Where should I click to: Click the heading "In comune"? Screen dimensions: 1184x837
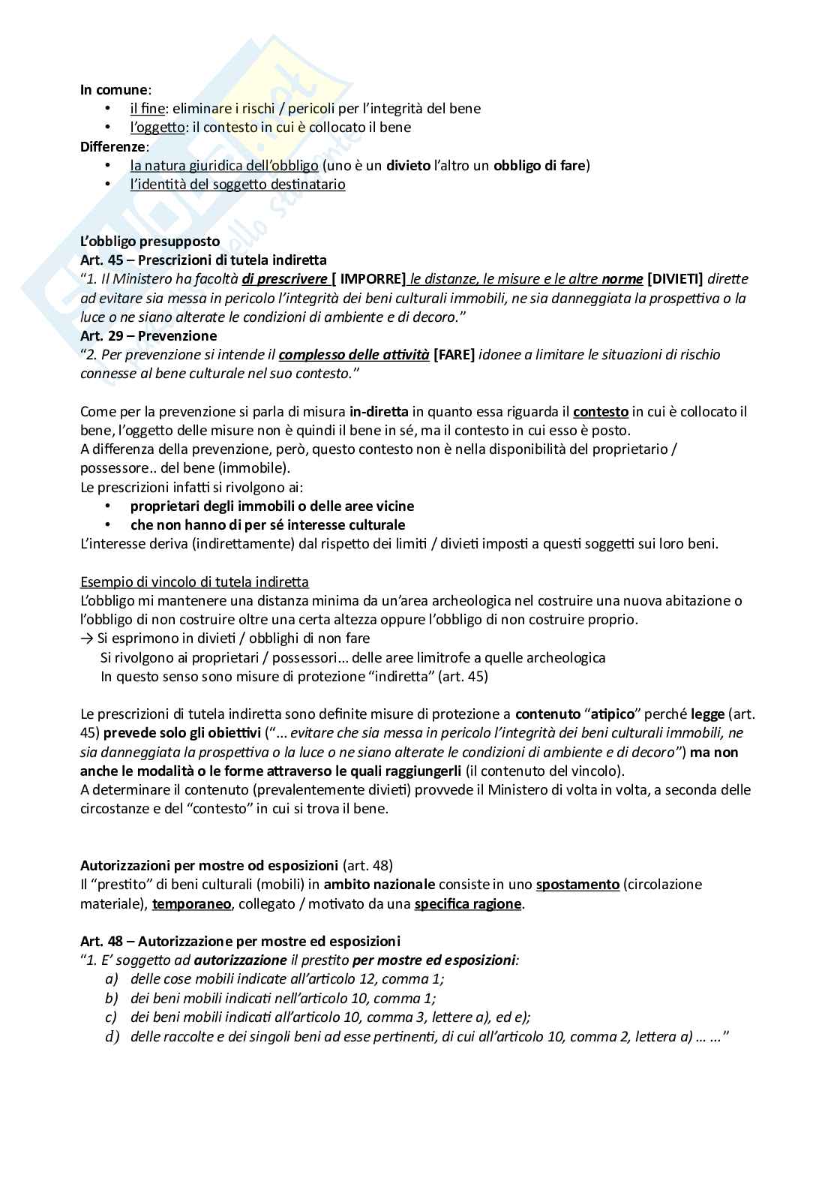(x=114, y=89)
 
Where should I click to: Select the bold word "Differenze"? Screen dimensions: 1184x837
(x=113, y=146)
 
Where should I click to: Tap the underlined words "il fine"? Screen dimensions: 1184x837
(x=147, y=108)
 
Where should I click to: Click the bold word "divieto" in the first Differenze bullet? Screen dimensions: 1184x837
(x=409, y=165)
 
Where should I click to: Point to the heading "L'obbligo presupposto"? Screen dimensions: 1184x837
(x=150, y=241)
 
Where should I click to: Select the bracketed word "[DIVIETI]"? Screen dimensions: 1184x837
(x=675, y=279)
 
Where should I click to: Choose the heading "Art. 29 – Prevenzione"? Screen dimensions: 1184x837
(x=148, y=335)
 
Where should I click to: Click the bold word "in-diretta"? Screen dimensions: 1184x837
(x=379, y=411)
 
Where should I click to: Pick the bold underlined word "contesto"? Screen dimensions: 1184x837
(x=601, y=411)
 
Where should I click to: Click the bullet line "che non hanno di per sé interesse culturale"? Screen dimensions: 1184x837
(x=268, y=525)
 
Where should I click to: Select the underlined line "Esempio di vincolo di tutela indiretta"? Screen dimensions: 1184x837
(x=194, y=581)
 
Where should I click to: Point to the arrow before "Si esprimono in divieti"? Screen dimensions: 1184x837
(x=86, y=639)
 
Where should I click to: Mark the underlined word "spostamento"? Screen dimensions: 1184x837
(x=577, y=884)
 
